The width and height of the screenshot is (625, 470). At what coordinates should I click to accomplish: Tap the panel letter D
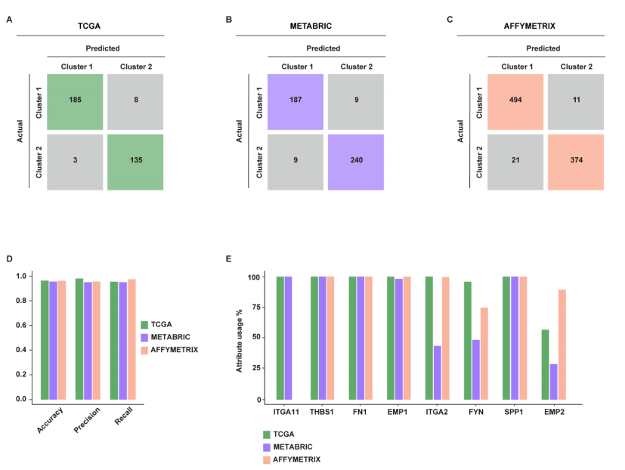[9, 259]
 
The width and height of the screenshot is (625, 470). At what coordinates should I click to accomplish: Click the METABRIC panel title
[311, 26]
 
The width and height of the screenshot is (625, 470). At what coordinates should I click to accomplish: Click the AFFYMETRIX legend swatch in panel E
[266, 459]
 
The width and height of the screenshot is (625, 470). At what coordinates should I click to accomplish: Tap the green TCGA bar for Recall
[114, 340]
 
